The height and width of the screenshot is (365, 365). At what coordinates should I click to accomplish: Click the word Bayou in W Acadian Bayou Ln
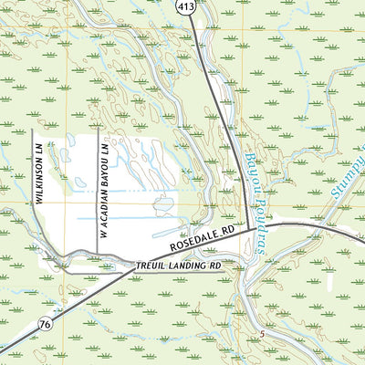click(104, 169)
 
